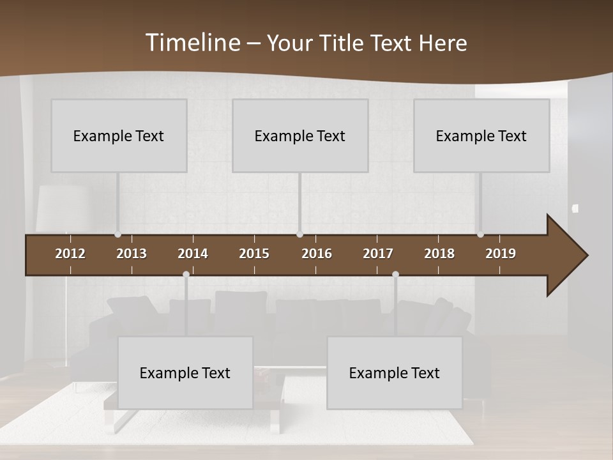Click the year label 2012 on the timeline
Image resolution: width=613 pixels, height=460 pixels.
coord(70,254)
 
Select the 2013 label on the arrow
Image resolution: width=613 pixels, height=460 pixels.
coord(132,254)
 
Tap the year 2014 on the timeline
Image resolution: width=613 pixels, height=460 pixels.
coord(193,254)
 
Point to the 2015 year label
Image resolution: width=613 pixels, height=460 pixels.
coord(254,254)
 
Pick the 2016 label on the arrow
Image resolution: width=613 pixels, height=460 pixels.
coord(317,254)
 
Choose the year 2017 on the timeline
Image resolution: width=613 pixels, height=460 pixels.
coord(378,254)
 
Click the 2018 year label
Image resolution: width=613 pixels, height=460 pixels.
coord(439,254)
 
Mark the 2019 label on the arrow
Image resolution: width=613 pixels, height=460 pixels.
coord(501,254)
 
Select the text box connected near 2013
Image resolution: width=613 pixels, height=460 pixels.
coord(119,135)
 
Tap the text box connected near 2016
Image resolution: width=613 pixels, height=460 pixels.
coord(300,135)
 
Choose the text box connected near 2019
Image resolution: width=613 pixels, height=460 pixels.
coord(481,135)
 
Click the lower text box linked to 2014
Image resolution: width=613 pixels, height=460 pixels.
coord(185,372)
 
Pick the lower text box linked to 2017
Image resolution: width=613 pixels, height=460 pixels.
coord(395,372)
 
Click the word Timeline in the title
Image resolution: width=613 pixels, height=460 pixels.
coord(192,42)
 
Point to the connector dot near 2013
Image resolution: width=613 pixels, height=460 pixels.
coord(117,234)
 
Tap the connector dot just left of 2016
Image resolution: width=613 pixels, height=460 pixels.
coord(299,234)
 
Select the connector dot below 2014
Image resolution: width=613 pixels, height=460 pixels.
coord(186,275)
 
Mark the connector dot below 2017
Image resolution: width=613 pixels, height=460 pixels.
coord(395,275)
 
